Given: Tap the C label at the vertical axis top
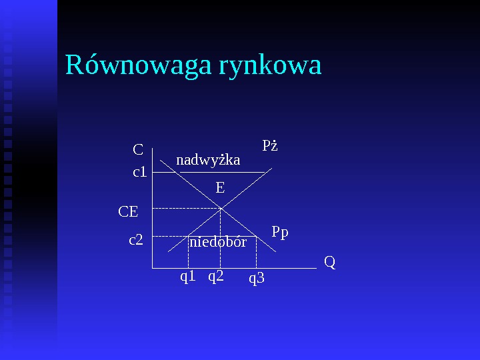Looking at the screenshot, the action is click(138, 149).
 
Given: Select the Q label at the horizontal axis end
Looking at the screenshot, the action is click(329, 262).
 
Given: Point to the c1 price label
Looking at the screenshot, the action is click(140, 172).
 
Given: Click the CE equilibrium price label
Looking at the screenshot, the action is click(128, 212).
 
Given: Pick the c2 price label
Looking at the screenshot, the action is click(136, 239).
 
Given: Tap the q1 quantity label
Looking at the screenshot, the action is click(188, 276).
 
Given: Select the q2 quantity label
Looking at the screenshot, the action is click(215, 276).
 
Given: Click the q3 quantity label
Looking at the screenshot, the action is click(257, 278).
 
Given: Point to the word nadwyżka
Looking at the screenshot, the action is click(208, 160).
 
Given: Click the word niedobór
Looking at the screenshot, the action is click(218, 242).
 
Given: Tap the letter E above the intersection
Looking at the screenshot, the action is click(220, 189).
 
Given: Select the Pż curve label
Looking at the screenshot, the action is click(270, 145).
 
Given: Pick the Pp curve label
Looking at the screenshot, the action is click(280, 232).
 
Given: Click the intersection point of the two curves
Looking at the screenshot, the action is click(221, 209).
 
